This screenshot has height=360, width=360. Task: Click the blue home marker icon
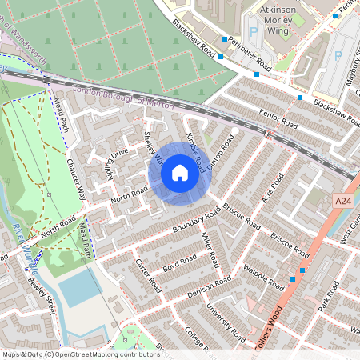pyautogui.click(x=180, y=173)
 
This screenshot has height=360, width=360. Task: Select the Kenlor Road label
pyautogui.click(x=278, y=119)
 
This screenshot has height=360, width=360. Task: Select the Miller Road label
pyautogui.click(x=210, y=250)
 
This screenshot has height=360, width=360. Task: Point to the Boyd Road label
pyautogui.click(x=180, y=265)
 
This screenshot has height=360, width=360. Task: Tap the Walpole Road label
pyautogui.click(x=264, y=277)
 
